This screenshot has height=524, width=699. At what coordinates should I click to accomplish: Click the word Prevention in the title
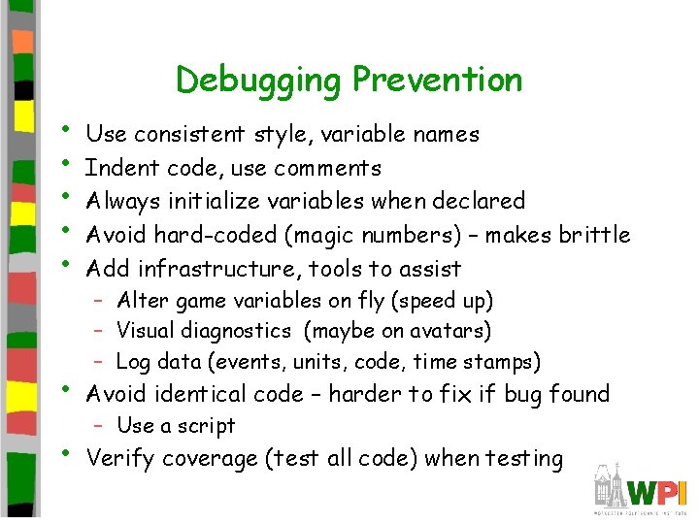[437, 80]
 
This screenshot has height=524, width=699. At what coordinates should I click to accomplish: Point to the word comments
[327, 168]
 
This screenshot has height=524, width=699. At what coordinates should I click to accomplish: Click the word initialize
[204, 202]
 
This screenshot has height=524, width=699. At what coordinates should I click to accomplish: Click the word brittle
[592, 235]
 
